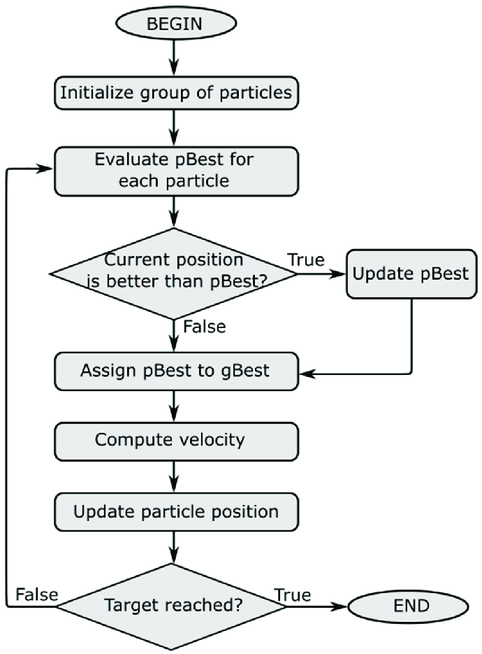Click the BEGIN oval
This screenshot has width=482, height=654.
176,23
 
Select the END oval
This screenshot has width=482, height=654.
408,606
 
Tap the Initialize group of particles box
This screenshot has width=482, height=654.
176,93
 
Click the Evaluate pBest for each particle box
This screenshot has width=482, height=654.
176,171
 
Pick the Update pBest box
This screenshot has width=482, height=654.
411,274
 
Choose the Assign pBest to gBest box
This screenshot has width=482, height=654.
176,371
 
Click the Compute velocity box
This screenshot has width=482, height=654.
176,441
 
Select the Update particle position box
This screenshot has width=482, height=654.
176,512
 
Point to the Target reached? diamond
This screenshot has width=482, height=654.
172,606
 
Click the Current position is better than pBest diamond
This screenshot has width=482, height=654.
174,273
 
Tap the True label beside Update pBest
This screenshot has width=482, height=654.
306,260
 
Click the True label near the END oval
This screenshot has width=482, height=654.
293,595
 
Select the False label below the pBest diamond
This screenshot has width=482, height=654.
205,327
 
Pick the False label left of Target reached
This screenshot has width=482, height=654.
36,595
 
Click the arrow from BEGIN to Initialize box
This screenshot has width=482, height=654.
174,58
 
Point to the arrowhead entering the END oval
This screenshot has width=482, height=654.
339,606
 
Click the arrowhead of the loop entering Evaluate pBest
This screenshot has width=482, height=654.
45,169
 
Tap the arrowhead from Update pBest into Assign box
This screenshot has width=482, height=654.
308,374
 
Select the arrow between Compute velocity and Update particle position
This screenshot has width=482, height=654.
174,477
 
